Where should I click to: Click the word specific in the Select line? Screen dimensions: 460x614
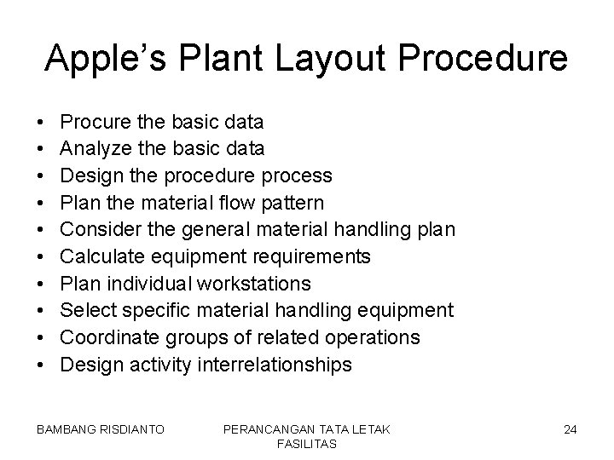[x=156, y=310]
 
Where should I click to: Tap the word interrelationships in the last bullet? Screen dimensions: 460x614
[x=274, y=365]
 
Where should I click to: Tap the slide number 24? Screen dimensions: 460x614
[x=570, y=429]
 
